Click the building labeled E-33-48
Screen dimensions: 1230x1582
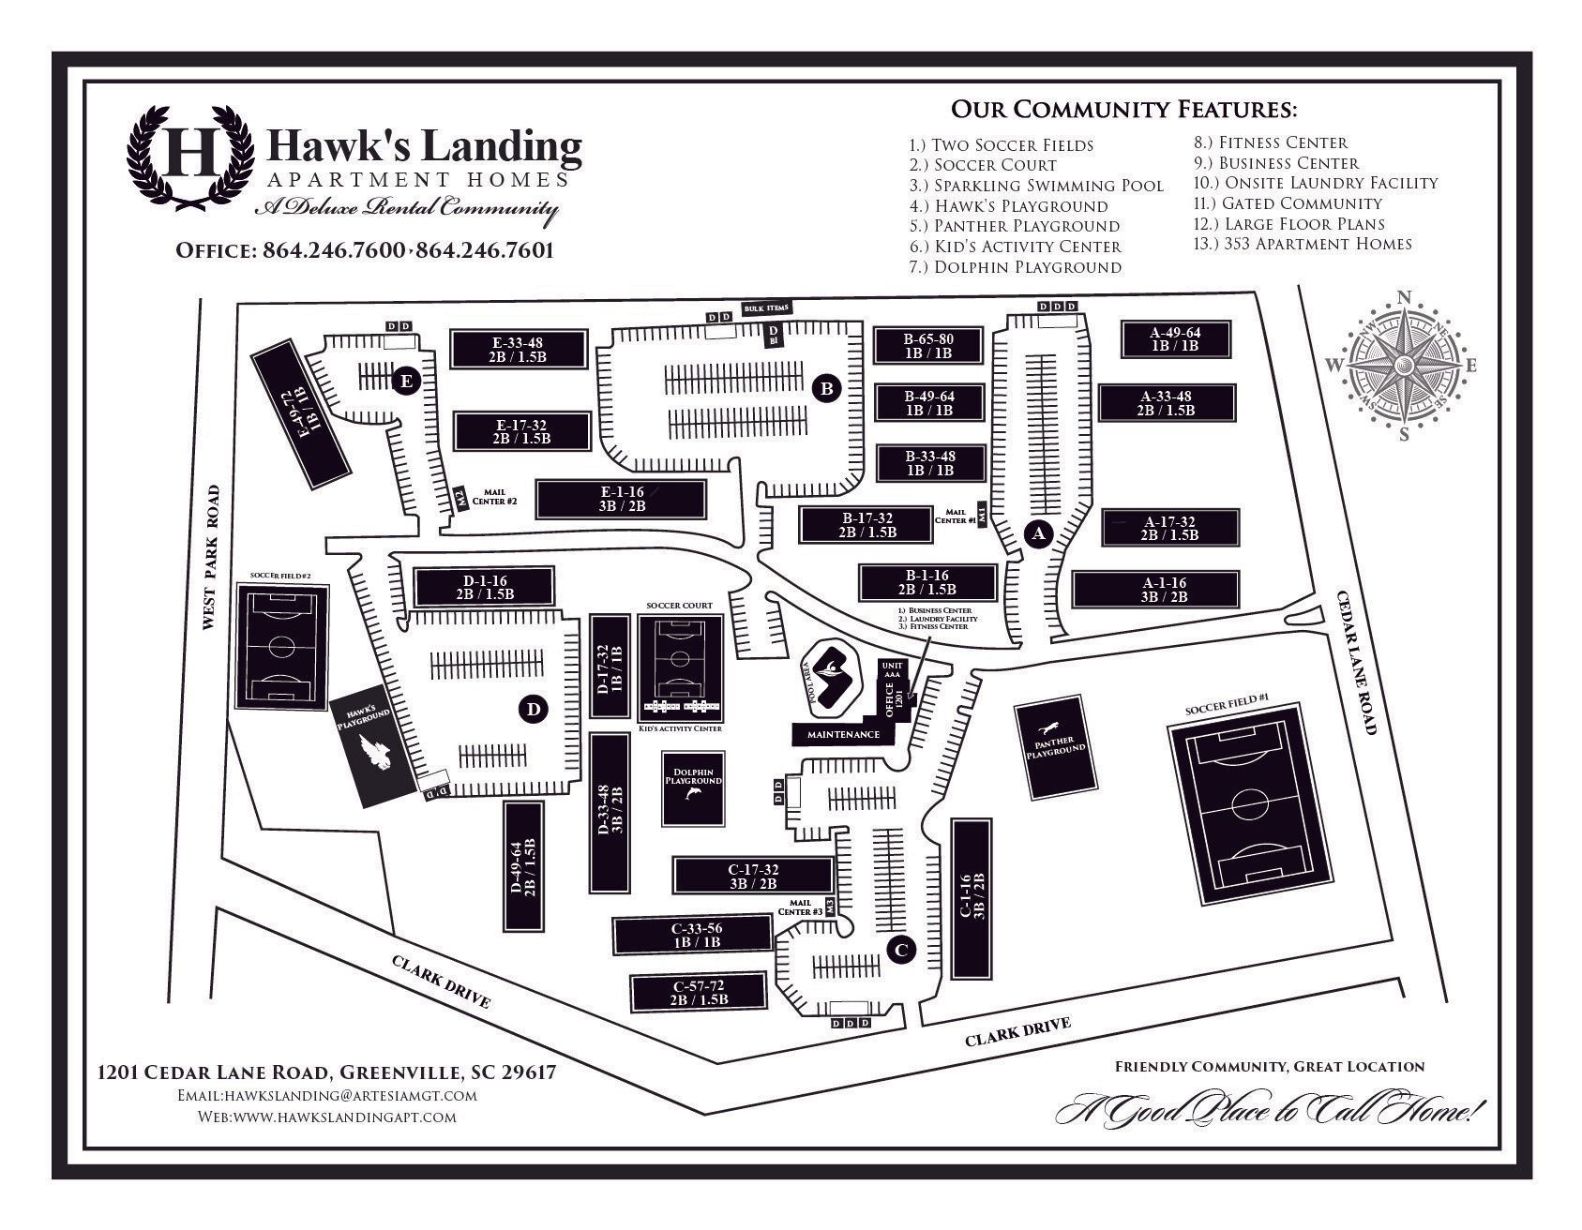519,349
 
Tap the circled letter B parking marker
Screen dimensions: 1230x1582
827,387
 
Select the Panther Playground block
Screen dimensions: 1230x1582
1056,750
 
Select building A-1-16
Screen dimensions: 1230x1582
1155,589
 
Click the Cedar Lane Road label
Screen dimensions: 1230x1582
1357,662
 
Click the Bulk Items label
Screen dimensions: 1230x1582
766,308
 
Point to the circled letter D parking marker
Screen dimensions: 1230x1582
533,710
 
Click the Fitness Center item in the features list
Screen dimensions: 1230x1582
1270,142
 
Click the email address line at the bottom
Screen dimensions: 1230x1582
326,1095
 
